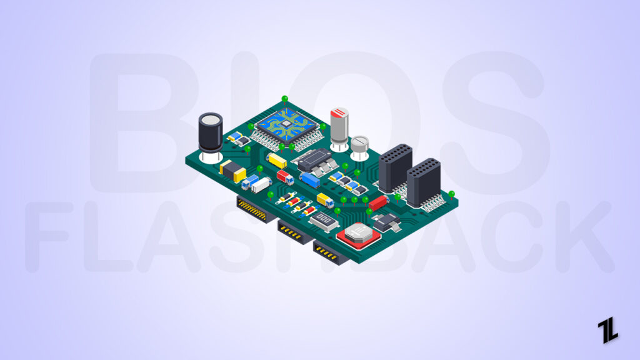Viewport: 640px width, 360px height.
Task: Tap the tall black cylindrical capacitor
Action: pos(210,132)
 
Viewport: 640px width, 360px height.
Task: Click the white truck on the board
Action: pos(261,184)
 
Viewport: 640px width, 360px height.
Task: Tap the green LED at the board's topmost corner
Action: pos(285,99)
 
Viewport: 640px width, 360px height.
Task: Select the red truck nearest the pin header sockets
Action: pos(377,203)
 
